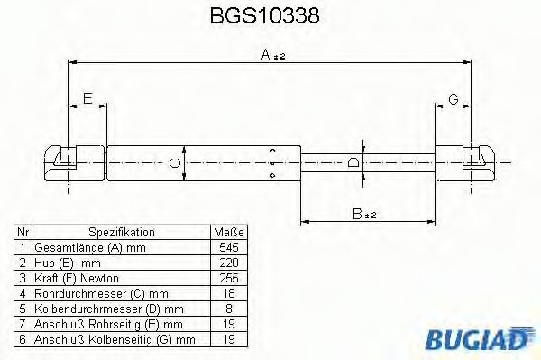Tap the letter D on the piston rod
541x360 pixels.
[353, 162]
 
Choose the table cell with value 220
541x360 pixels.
[228, 263]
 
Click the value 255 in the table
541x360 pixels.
[228, 278]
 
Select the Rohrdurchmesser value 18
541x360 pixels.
[228, 293]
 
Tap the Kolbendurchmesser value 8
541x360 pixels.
[228, 309]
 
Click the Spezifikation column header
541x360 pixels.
[121, 232]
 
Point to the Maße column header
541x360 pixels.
[228, 232]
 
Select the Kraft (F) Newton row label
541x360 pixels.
[76, 278]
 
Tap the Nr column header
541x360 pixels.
[23, 232]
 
